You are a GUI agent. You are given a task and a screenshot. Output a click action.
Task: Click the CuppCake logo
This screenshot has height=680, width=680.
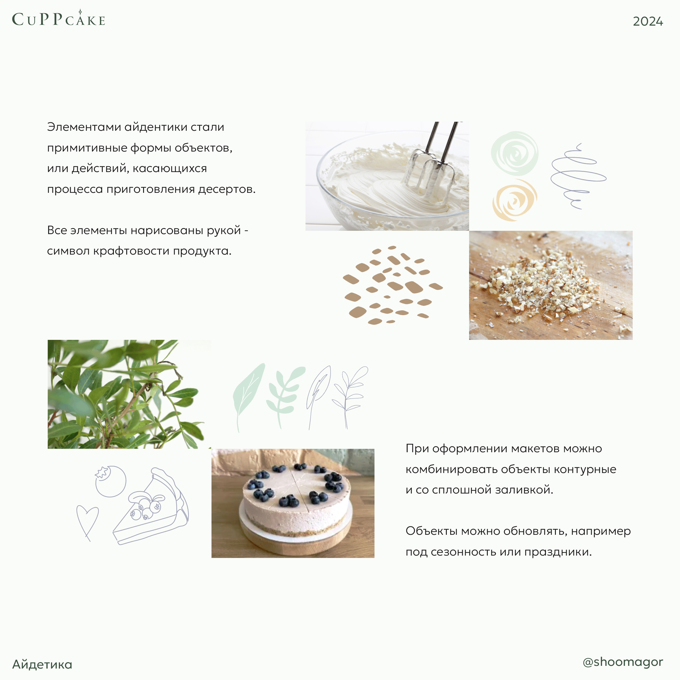[58, 18]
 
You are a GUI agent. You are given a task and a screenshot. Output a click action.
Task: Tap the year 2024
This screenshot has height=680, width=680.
[648, 21]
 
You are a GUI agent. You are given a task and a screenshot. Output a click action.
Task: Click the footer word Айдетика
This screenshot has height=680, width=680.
[42, 665]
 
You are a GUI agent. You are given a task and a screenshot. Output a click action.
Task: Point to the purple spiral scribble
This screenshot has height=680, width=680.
[578, 176]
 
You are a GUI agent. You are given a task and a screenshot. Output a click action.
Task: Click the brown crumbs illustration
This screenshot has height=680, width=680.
[392, 285]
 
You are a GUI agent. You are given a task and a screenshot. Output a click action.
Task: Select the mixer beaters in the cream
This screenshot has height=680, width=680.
[431, 165]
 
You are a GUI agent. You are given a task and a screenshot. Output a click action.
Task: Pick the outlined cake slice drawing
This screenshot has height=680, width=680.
[151, 506]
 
